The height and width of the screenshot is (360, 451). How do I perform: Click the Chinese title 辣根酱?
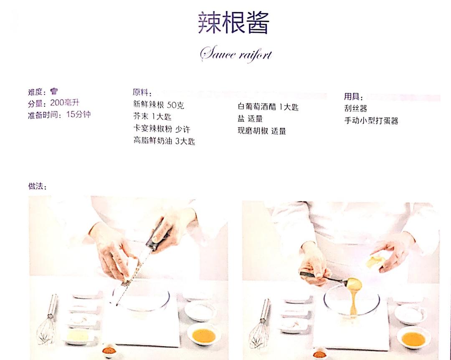[x=233, y=23]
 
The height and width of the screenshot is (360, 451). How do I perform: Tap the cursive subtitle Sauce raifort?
[x=236, y=54]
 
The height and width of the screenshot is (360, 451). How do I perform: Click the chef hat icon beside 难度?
[x=54, y=91]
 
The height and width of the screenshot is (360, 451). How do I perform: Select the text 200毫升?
[x=65, y=103]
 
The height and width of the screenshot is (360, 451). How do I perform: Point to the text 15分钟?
[x=78, y=114]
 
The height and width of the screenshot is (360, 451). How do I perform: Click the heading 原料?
[x=142, y=93]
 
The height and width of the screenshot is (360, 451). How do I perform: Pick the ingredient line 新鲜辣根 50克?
[x=159, y=105]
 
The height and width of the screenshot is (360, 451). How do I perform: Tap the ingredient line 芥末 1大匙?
[x=152, y=116]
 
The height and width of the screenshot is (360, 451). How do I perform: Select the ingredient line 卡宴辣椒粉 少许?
[x=162, y=129]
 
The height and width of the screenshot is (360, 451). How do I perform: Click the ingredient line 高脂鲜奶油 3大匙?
[x=164, y=141]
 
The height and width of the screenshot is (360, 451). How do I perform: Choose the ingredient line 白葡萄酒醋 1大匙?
[x=268, y=107]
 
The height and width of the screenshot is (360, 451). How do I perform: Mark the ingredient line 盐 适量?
[x=250, y=118]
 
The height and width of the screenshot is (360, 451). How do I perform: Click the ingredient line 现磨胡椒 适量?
[x=262, y=131]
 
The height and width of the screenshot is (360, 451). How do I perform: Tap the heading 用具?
[x=354, y=96]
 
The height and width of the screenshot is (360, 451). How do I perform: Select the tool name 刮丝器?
[x=356, y=108]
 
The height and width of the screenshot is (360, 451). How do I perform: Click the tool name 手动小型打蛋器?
[x=371, y=121]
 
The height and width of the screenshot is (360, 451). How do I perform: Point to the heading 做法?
[x=38, y=186]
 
